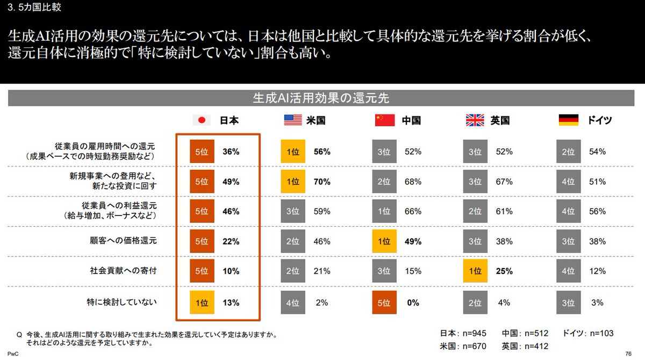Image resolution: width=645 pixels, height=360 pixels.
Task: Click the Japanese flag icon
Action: (x=202, y=120)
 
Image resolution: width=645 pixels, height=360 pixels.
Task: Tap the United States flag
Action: (x=293, y=120)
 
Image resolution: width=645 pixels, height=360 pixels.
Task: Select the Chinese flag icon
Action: (x=385, y=120)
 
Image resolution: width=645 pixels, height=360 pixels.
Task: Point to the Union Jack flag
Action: (x=475, y=120)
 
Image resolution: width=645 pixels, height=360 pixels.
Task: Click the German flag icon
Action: (x=568, y=120)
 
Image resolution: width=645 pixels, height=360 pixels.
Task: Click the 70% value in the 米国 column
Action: (x=321, y=182)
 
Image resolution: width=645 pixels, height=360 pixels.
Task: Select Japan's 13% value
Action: (x=231, y=302)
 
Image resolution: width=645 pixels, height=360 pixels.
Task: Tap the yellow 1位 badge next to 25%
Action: (x=476, y=271)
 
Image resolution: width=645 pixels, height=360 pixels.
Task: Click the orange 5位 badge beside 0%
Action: (x=385, y=302)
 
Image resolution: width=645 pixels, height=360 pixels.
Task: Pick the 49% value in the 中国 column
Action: (x=412, y=241)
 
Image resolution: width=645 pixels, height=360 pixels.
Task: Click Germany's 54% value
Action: (x=598, y=152)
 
